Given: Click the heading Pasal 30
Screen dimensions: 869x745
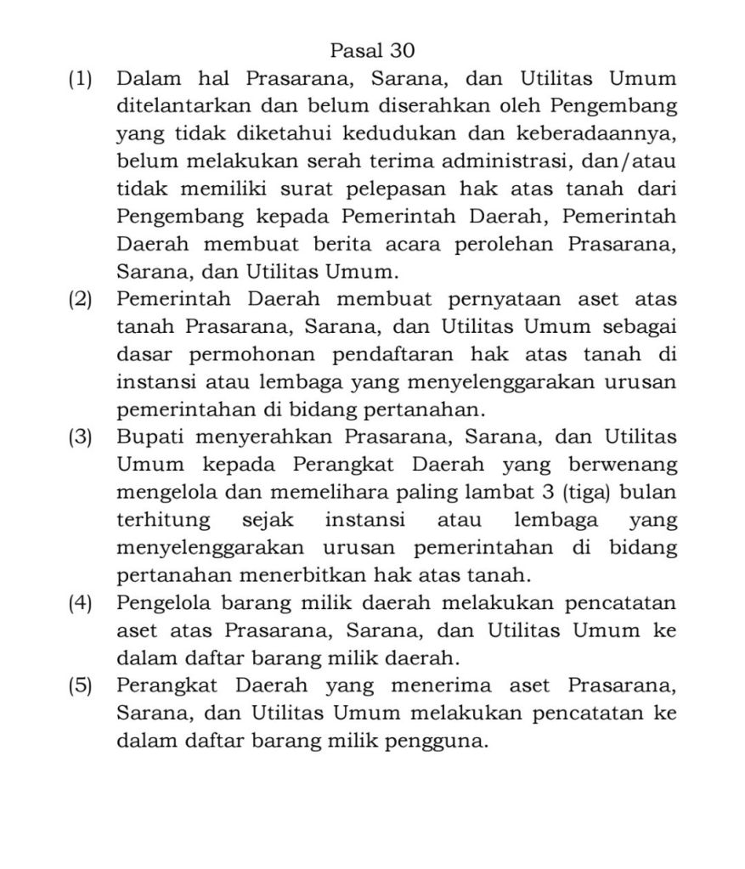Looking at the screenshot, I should (x=372, y=51).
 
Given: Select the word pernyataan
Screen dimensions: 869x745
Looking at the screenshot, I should (x=519, y=299).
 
